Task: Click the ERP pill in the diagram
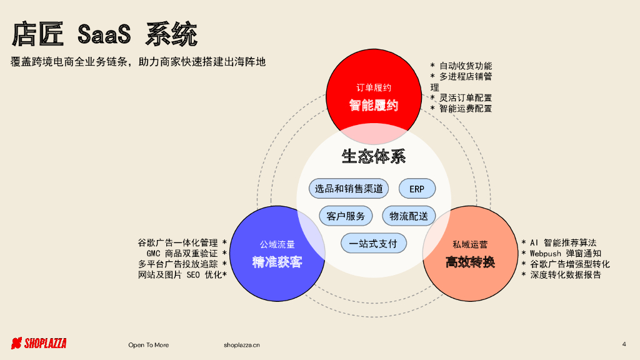417,189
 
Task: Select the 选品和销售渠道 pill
349,189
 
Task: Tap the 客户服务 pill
346,216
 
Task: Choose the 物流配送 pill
409,216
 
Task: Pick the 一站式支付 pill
373,243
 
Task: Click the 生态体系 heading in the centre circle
373,156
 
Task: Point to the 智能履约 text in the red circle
373,106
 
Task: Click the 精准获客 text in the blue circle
277,262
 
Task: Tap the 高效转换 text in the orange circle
470,262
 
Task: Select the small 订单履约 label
373,87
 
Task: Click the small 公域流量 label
277,244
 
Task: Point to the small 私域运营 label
470,244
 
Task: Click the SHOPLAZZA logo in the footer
39,343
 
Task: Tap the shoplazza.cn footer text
242,345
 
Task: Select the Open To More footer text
148,345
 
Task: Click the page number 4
624,344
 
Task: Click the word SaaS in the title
104,34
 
